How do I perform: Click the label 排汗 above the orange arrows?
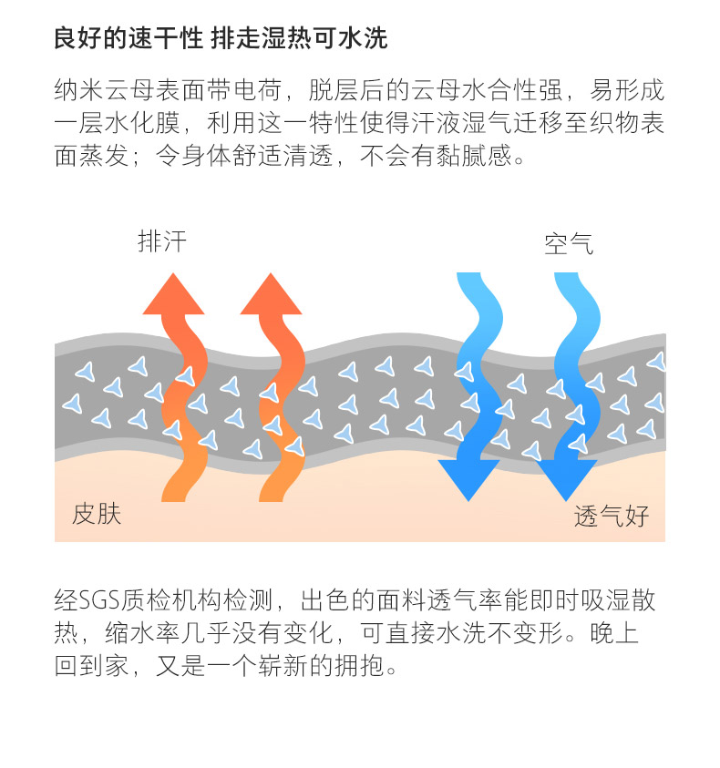[x=162, y=241]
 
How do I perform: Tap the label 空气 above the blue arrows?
[x=569, y=243]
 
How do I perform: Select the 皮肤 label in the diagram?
[x=97, y=514]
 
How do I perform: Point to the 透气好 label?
[x=612, y=516]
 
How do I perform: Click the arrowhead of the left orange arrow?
[x=174, y=294]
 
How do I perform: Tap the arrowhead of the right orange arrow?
[x=272, y=294]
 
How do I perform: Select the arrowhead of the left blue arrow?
[x=468, y=478]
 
